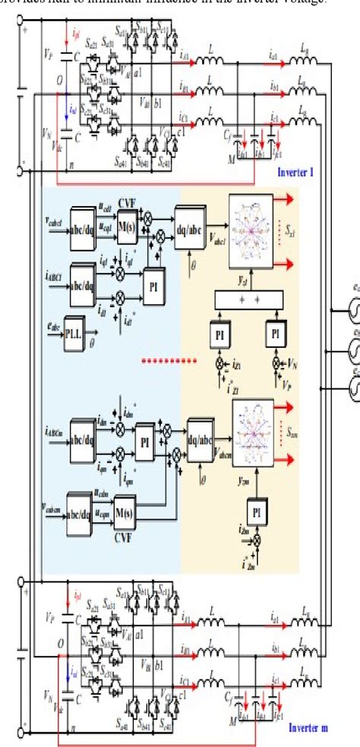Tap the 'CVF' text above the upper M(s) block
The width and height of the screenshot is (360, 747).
click(126, 202)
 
